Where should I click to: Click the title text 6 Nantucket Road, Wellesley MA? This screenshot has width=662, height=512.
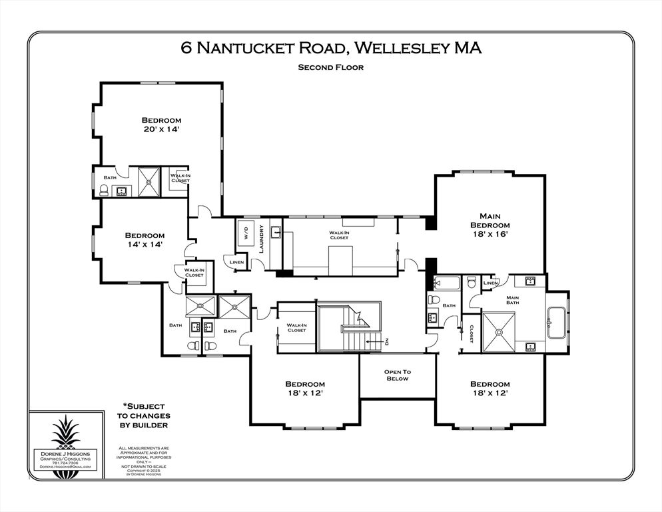[x=331, y=48]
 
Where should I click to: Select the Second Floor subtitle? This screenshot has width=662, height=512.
[x=331, y=67]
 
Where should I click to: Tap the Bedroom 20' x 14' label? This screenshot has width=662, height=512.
[x=161, y=124]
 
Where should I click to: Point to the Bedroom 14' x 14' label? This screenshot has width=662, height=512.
[x=145, y=240]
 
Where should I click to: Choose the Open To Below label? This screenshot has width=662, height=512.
[x=397, y=375]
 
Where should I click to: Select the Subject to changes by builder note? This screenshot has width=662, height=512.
[x=144, y=415]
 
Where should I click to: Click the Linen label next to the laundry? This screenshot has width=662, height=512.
[x=236, y=263]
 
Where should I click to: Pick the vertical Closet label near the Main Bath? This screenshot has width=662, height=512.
[x=471, y=333]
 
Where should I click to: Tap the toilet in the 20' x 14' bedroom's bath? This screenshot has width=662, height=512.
[x=104, y=190]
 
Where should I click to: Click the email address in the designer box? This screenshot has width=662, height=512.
[x=65, y=467]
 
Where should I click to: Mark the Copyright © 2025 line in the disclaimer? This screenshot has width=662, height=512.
[x=144, y=471]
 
